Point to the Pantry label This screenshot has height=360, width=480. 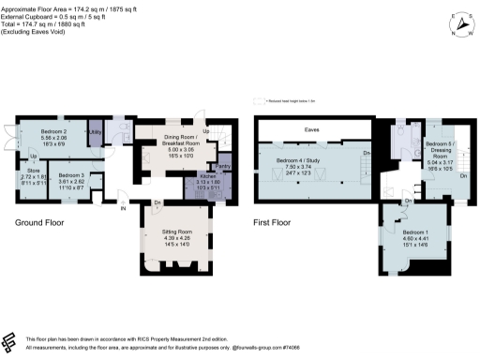(x=210, y=165)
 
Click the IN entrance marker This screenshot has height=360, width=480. (x=123, y=207)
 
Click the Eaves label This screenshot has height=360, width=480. (x=309, y=131)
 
